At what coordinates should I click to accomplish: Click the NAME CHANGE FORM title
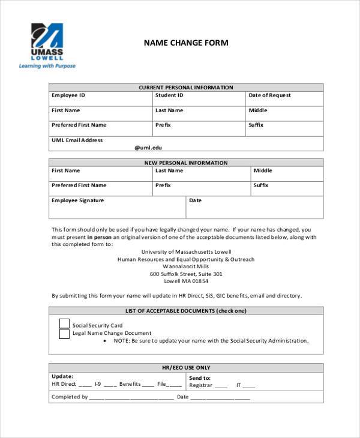tap(185, 43)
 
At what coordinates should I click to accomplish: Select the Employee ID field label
tap(68, 95)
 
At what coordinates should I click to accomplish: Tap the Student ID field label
tap(169, 95)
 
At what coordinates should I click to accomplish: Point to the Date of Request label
tap(269, 95)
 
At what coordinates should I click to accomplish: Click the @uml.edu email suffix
tap(148, 147)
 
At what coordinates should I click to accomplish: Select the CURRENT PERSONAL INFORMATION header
tap(186, 88)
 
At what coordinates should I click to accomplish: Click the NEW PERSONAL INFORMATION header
tap(186, 163)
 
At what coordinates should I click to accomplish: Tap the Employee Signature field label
tap(77, 200)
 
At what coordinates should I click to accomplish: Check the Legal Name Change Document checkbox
tap(64, 334)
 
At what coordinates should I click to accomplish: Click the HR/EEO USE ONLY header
tap(186, 367)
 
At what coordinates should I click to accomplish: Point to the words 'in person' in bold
tap(98, 237)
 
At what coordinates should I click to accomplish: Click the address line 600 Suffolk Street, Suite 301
tap(186, 274)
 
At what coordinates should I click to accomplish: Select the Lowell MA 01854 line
tap(186, 281)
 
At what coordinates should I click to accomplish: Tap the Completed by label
tap(70, 397)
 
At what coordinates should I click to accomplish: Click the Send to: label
tap(200, 378)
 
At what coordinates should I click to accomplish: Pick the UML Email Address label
tap(77, 140)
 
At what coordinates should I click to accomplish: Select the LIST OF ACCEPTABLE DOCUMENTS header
tap(186, 311)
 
